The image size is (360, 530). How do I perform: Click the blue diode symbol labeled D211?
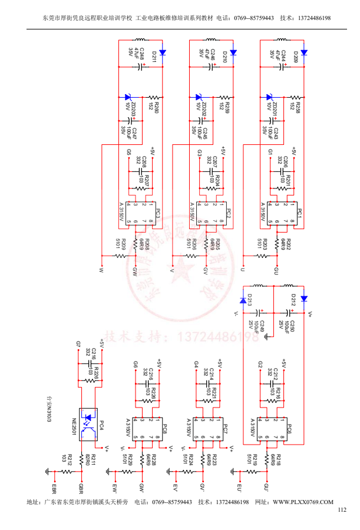tap(162, 52)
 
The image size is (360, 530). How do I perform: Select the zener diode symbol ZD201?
tap(269, 97)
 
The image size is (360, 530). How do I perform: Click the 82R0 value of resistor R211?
tap(86, 458)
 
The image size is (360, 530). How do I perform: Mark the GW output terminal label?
tap(135, 271)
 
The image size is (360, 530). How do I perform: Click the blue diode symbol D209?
tap(303, 52)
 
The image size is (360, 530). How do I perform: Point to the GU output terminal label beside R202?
tap(276, 271)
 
